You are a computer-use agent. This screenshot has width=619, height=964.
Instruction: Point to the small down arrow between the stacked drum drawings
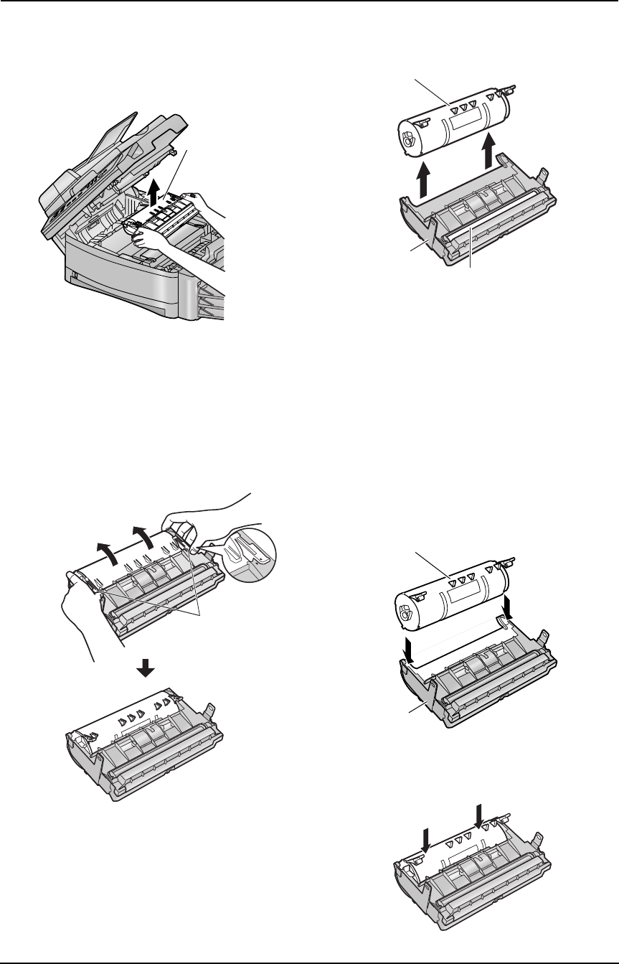146,668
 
